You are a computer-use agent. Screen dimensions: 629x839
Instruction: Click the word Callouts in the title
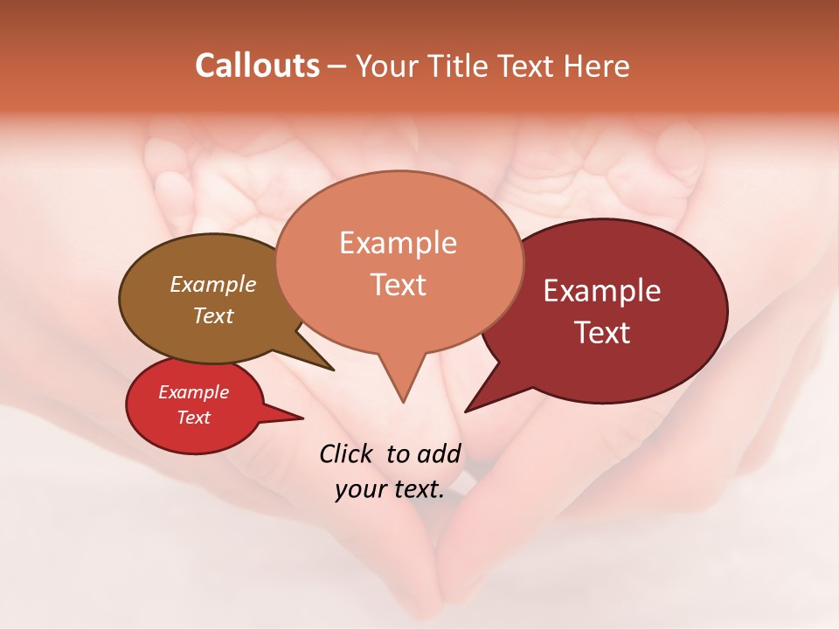coord(257,66)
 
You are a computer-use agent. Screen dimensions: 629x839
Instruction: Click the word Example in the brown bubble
coord(212,284)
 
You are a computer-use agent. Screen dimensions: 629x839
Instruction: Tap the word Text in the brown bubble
coord(212,315)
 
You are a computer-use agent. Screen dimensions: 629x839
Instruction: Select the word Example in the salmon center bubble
coord(398,243)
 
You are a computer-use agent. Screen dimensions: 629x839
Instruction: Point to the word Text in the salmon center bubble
coord(398,285)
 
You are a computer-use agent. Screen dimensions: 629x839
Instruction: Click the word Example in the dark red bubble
coord(602,291)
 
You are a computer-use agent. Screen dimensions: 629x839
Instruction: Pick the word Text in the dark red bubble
coord(602,333)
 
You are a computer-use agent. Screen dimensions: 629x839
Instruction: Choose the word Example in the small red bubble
coord(193,392)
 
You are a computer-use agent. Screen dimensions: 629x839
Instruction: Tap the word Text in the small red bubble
coord(193,418)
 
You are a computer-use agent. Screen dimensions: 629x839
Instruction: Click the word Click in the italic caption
coord(349,453)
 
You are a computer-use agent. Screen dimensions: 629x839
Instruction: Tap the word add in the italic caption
coord(438,453)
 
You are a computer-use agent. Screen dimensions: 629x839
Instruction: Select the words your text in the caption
coord(390,489)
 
